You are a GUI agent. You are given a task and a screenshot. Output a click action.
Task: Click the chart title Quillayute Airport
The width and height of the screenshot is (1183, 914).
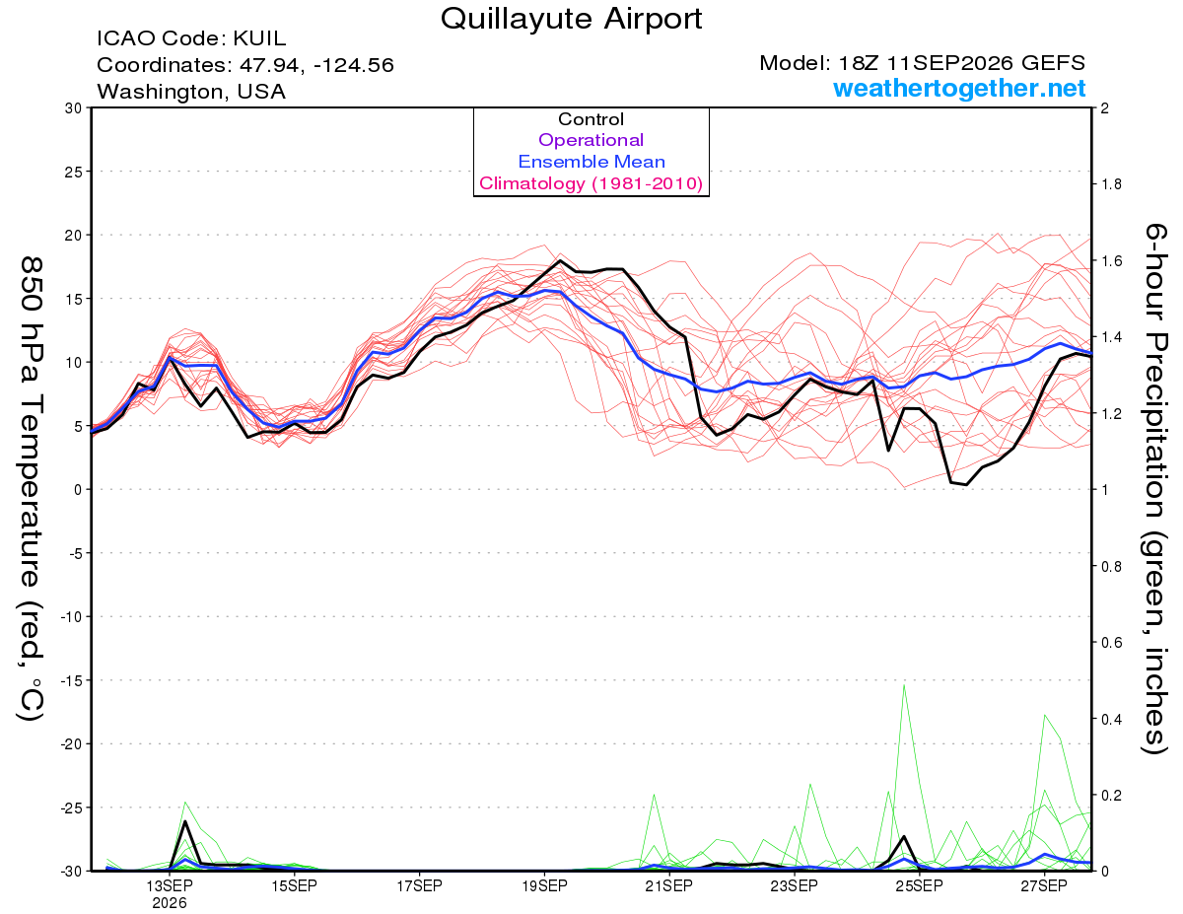point(571,19)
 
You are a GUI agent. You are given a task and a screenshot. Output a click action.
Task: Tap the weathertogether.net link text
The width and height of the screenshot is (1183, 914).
point(959,88)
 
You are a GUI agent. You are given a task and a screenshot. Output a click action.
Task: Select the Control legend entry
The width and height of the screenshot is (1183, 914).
point(591,119)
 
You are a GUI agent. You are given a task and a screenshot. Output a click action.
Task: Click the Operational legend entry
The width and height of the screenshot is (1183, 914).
point(591,140)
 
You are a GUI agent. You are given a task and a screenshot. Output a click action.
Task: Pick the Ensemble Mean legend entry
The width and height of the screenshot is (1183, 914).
point(591,162)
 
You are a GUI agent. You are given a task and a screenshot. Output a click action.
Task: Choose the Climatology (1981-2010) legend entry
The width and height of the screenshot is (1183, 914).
point(591,183)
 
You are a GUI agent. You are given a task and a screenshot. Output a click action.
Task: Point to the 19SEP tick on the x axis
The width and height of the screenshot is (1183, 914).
point(544,885)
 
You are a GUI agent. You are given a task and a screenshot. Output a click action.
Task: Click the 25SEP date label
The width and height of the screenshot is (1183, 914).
point(919,885)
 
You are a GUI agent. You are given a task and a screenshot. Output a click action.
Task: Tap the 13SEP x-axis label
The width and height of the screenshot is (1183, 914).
point(170,885)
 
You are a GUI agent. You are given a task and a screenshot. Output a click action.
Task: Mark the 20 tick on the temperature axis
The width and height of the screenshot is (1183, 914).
point(74,236)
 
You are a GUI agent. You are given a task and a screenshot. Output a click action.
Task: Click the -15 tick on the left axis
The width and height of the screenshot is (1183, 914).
point(70,680)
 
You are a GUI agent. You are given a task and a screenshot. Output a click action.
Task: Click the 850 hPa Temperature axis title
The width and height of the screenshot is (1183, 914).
point(31,488)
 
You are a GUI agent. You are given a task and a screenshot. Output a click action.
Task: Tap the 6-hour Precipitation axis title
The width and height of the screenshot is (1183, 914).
point(1155,488)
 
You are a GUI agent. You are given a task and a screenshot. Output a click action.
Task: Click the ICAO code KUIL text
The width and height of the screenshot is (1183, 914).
point(191,38)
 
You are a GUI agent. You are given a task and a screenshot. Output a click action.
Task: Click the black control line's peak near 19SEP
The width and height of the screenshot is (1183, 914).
point(560,260)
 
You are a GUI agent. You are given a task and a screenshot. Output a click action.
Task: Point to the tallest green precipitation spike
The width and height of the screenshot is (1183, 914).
point(904,685)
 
